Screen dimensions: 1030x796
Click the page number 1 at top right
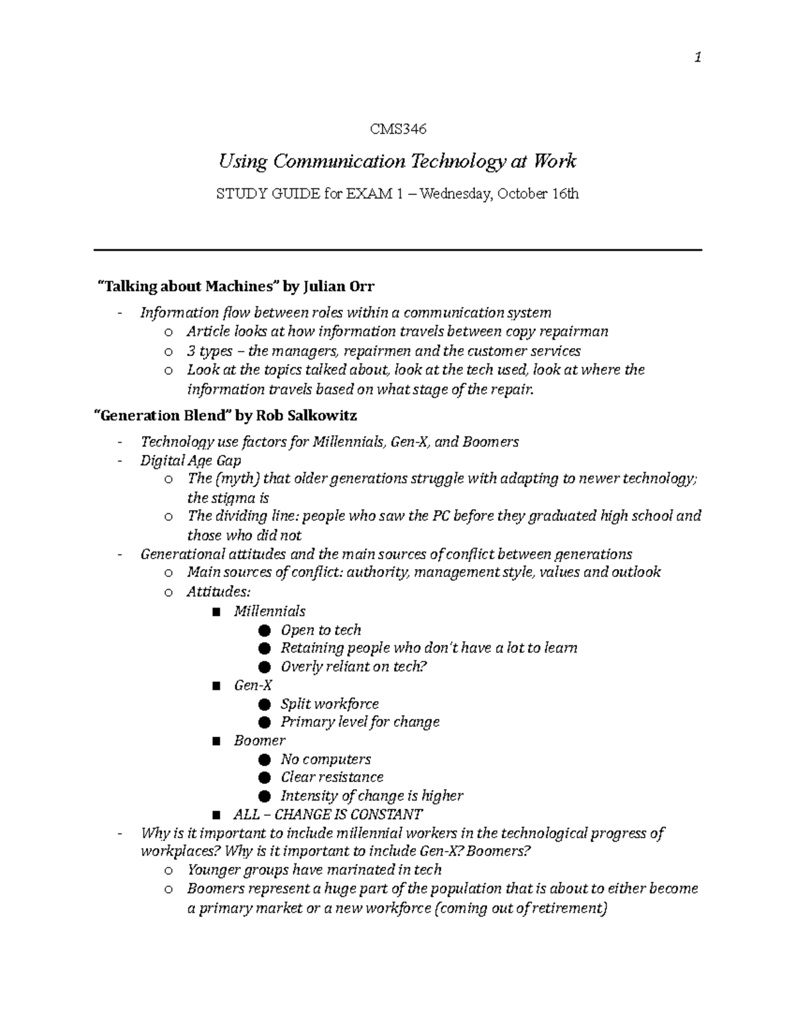(x=697, y=58)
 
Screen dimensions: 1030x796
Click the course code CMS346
(x=397, y=129)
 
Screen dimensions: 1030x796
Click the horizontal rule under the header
(x=397, y=250)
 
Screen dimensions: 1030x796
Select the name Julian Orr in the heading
(x=339, y=287)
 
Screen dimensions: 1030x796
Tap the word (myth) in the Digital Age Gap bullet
(x=237, y=479)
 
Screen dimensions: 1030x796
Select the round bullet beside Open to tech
(x=265, y=630)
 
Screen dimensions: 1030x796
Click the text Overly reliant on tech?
(x=353, y=667)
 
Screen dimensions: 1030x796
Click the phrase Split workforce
(x=330, y=704)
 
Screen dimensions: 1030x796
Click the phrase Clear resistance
(x=332, y=777)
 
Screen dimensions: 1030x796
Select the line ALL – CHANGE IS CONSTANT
(x=328, y=814)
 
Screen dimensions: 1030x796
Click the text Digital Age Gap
(x=190, y=460)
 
